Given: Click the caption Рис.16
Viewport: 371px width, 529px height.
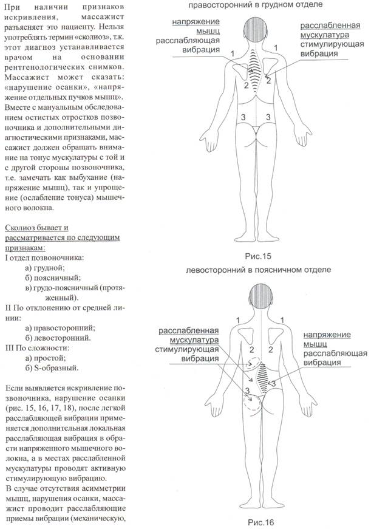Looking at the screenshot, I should (257, 522).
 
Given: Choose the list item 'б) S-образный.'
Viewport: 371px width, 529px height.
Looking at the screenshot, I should (56, 367).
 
